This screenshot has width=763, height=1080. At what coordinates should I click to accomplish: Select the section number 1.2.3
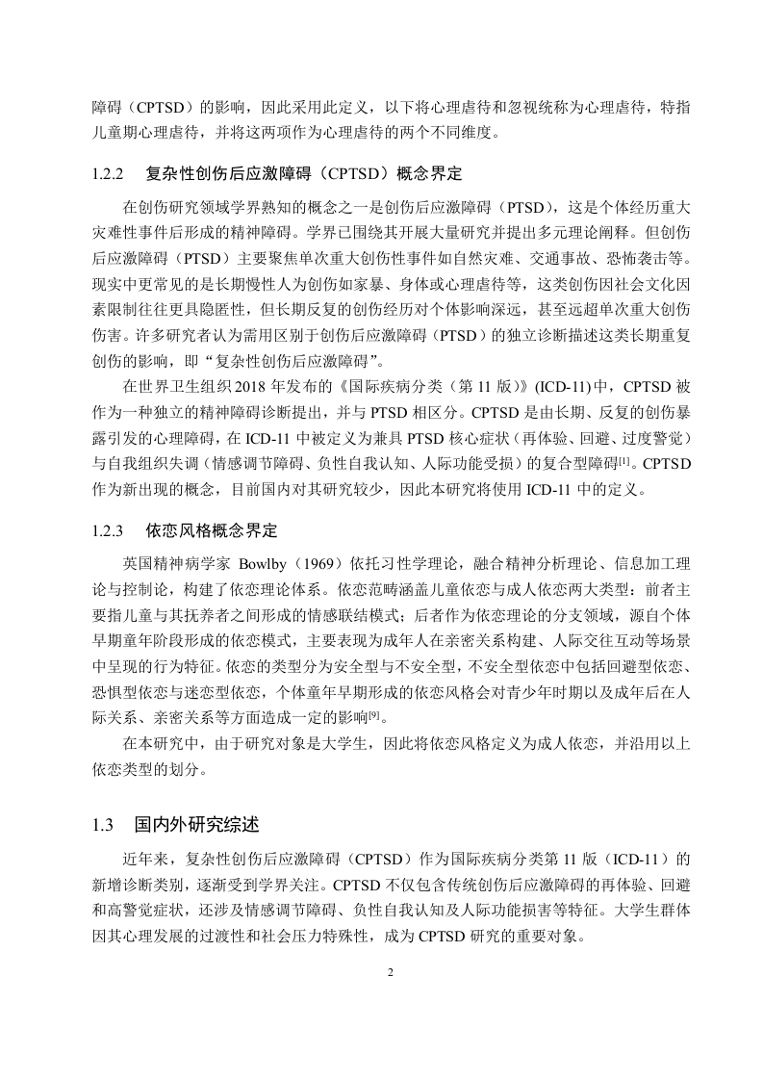109,529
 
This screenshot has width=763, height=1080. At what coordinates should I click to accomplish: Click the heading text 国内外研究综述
196,825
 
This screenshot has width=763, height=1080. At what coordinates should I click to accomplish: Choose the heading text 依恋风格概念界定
212,529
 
